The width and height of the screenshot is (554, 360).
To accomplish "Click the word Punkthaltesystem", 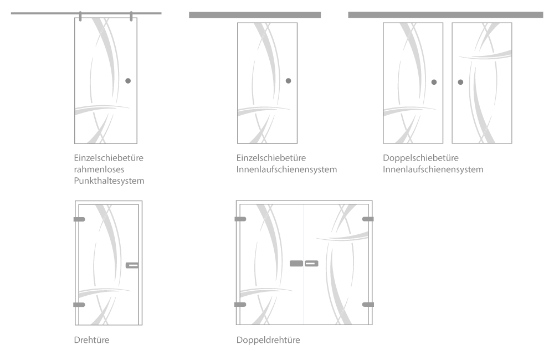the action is tap(109, 181).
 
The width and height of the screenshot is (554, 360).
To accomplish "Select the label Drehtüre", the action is tap(91, 340).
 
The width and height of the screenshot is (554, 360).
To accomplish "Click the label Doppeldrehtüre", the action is tap(268, 340).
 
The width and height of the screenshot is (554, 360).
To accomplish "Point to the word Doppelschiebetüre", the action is tap(420, 158).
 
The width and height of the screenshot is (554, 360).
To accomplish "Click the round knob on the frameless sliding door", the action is tap(128, 81).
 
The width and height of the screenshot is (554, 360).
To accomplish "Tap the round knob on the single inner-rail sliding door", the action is tap(288, 81).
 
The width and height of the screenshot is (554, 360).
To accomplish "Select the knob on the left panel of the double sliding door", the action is tap(434, 82).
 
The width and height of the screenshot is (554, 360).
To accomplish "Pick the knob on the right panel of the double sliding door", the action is tap(460, 82).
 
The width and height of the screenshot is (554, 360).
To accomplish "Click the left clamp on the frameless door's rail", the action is tap(80, 16).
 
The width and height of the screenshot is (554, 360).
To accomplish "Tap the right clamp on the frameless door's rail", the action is tap(131, 16).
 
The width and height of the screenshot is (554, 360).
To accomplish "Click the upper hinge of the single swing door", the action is tap(79, 219).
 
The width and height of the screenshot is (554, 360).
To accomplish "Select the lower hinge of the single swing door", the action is tap(79, 305).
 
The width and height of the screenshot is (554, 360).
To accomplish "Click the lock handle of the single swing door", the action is tap(132, 265).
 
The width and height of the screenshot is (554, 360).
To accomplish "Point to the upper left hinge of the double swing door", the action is tap(240, 219).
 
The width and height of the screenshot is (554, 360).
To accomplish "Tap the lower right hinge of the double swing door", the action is tap(368, 305).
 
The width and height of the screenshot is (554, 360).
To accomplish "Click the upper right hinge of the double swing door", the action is tap(368, 219).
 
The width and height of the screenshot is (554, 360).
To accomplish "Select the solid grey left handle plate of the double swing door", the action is tap(296, 264).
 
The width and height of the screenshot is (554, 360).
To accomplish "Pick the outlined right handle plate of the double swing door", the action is tap(311, 264).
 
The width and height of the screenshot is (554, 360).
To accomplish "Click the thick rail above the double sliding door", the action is tap(445, 15).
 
